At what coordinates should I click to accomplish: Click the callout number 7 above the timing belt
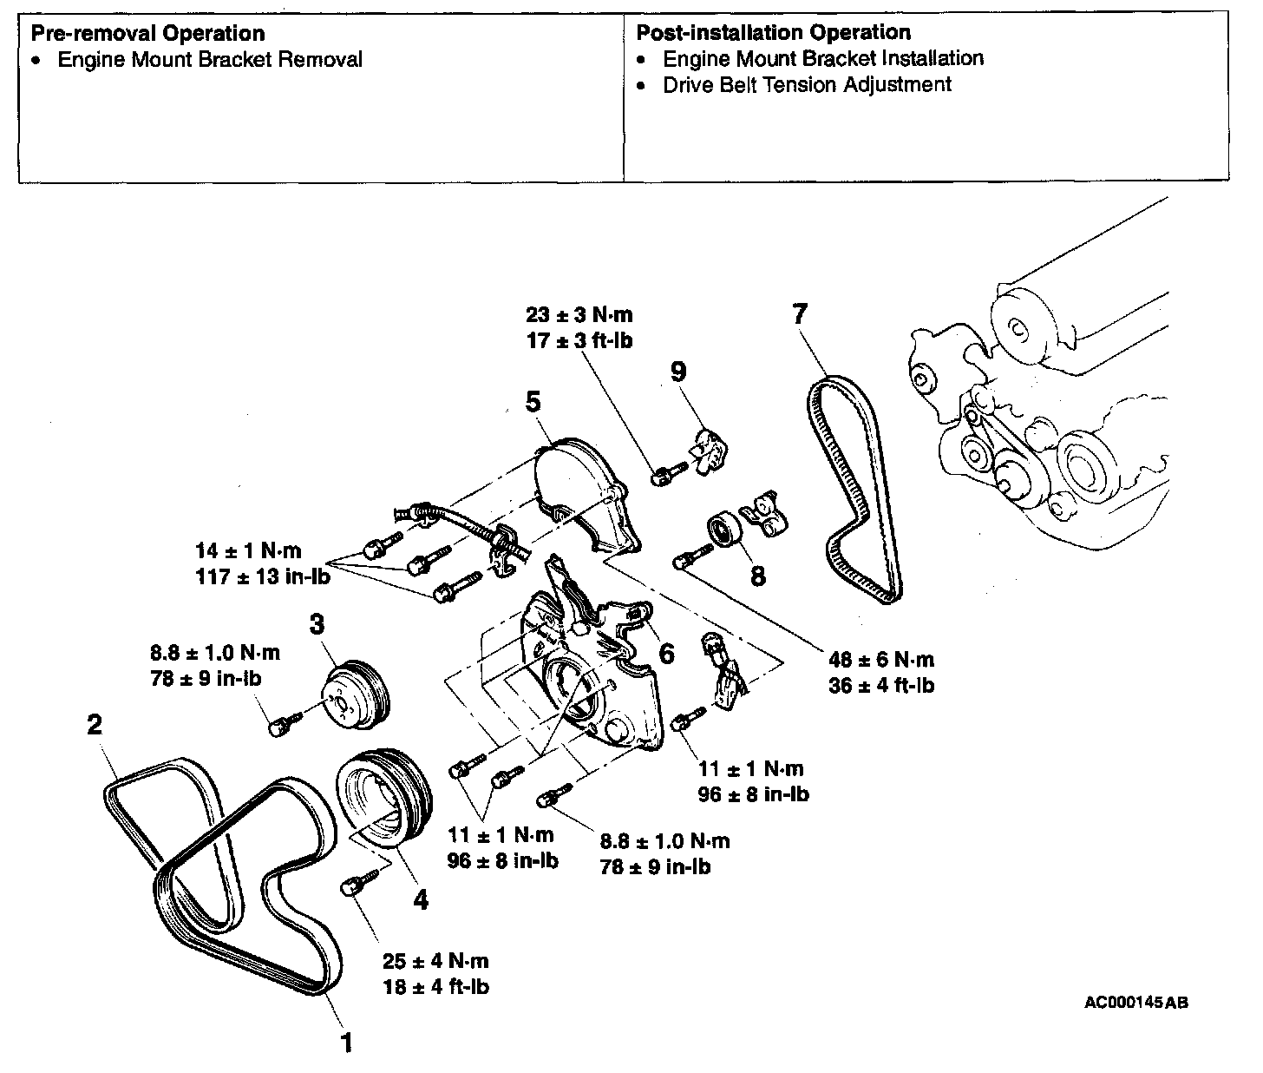coord(799,313)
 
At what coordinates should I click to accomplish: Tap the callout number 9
coord(678,372)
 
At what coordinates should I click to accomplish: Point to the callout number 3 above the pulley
coord(317,623)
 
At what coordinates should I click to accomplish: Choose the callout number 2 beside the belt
coord(95,724)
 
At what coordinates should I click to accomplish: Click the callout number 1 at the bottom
coord(346,1042)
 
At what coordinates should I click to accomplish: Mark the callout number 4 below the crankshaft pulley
coord(421,900)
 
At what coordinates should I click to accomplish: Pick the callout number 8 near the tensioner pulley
coord(757,576)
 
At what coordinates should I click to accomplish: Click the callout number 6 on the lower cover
coord(666,653)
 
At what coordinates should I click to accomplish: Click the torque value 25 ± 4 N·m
coord(435,961)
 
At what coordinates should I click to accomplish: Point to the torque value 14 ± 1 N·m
coord(248,550)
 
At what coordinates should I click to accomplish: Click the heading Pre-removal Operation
coord(147,33)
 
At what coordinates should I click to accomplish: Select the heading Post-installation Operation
coord(774,33)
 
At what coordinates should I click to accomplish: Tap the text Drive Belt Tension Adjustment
coord(807,85)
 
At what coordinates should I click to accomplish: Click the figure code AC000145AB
coord(1136,1003)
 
